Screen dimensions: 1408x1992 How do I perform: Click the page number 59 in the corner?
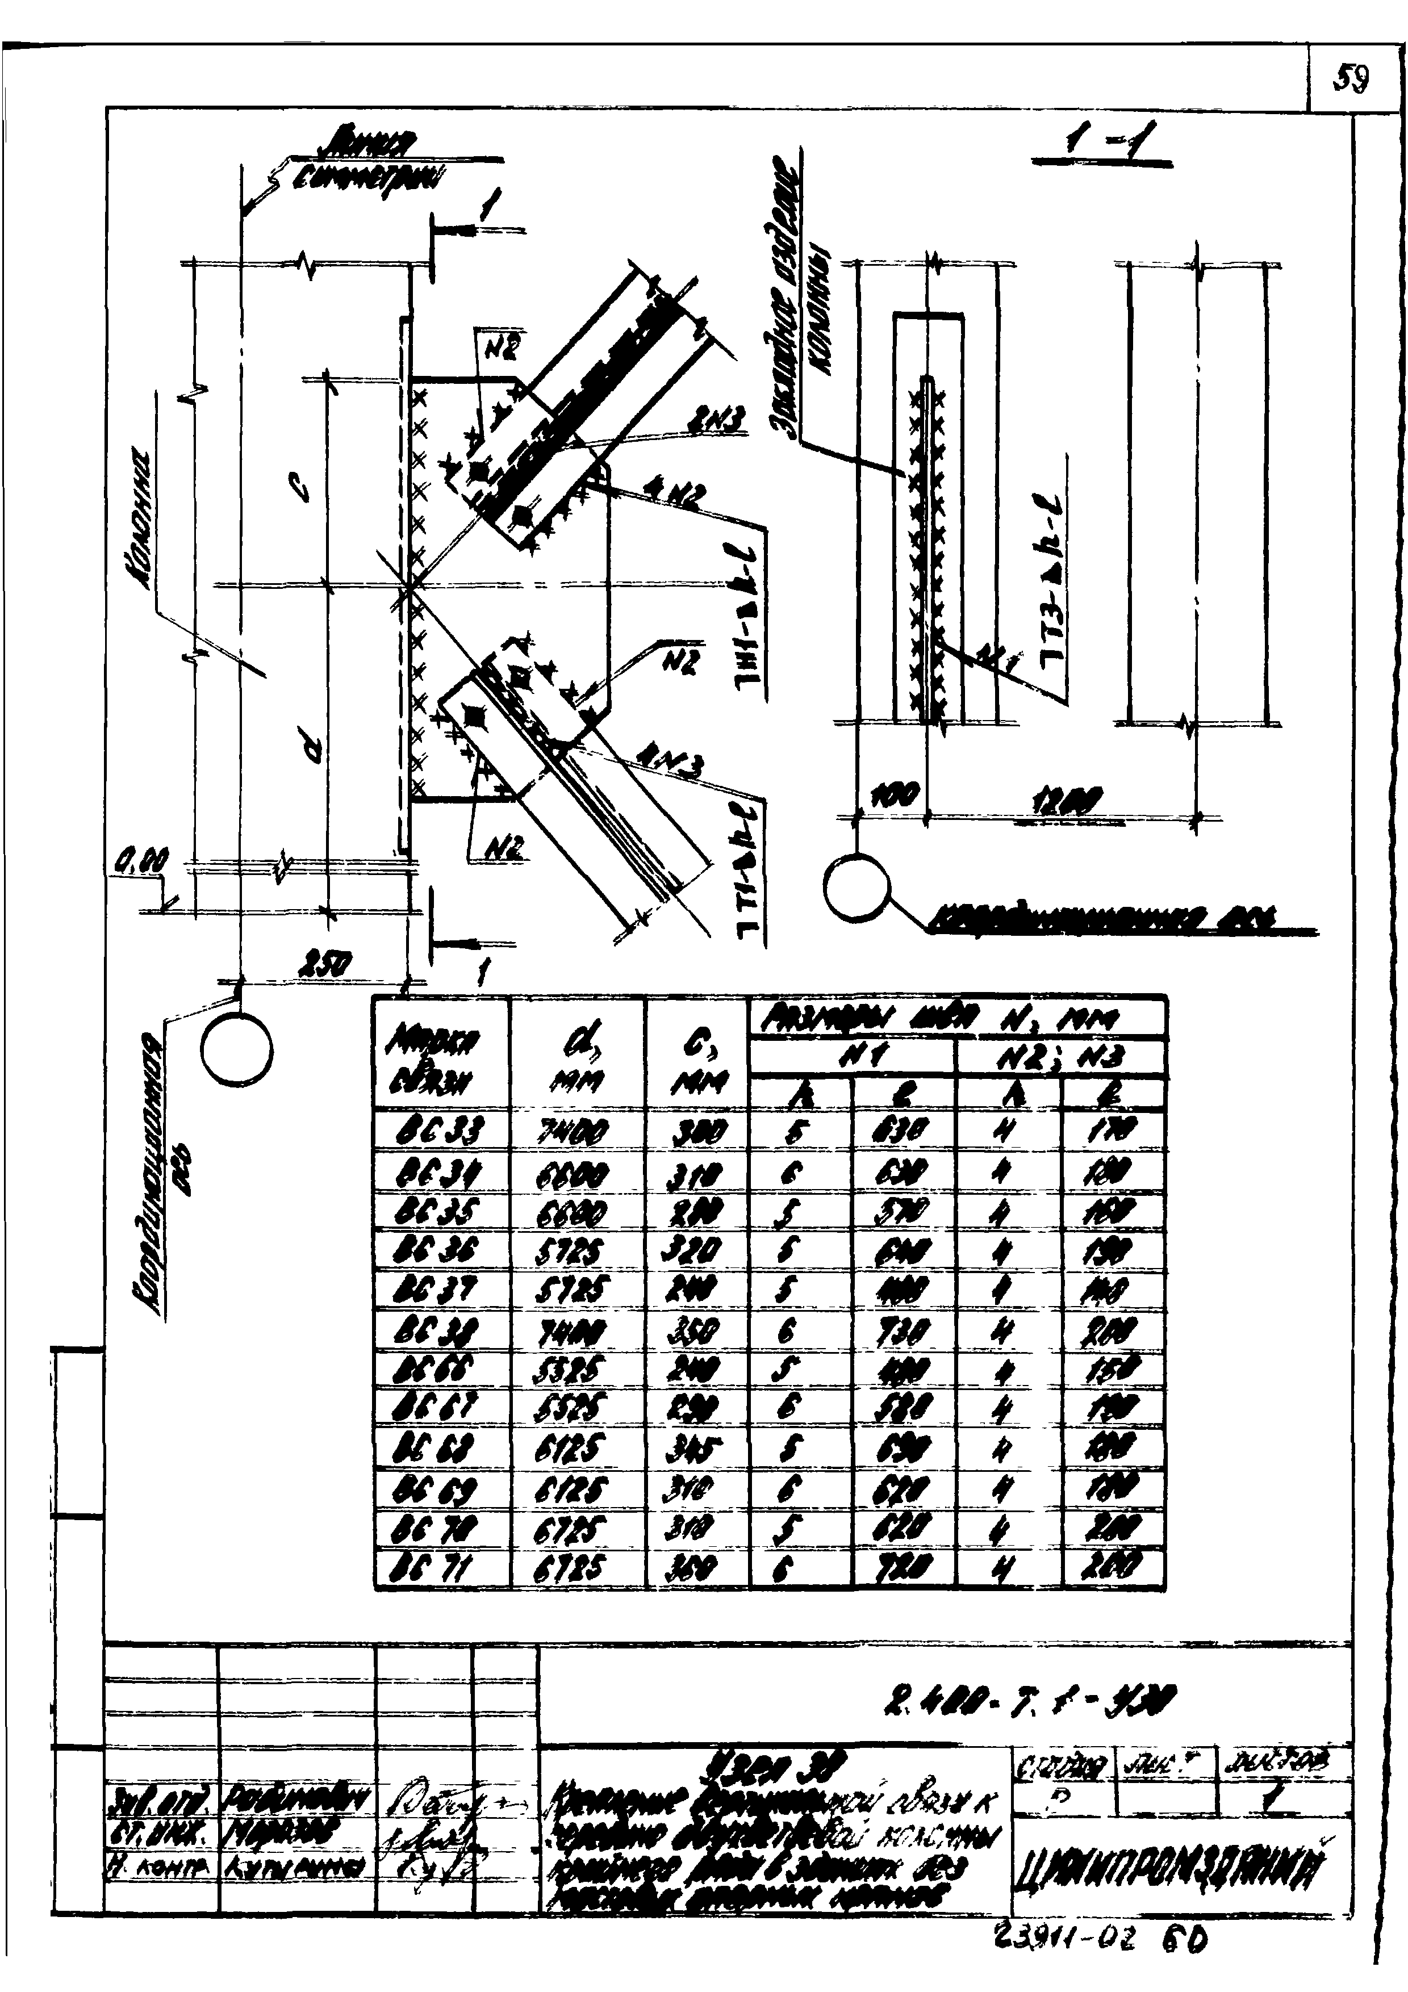click(x=1352, y=81)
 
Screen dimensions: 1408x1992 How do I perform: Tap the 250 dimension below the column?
click(x=325, y=962)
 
